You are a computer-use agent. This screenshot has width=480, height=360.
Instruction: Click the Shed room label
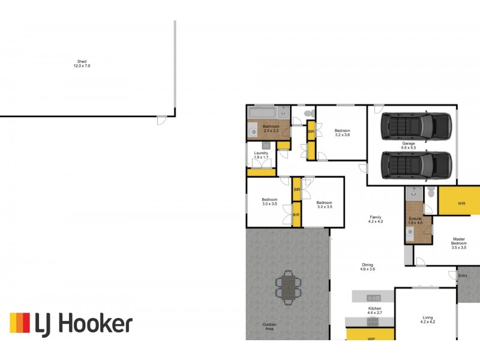[82, 63]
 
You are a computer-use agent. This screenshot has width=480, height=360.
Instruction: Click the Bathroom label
[271, 128]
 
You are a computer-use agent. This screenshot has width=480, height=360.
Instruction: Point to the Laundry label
[261, 155]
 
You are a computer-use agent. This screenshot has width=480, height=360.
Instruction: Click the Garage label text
[409, 145]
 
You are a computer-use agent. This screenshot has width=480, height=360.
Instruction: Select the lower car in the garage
[416, 165]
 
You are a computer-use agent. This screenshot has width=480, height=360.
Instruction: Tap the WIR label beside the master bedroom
[461, 204]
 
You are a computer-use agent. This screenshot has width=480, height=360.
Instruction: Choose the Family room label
[376, 219]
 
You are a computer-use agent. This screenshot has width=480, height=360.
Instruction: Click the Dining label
[367, 267]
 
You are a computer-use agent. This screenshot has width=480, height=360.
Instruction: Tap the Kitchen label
[374, 311]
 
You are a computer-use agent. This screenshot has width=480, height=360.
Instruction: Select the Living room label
[427, 320]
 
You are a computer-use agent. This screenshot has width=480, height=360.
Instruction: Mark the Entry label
[463, 275]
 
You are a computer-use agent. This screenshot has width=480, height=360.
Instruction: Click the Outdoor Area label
[269, 327]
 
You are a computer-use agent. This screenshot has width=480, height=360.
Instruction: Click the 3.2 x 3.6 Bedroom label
[342, 133]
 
